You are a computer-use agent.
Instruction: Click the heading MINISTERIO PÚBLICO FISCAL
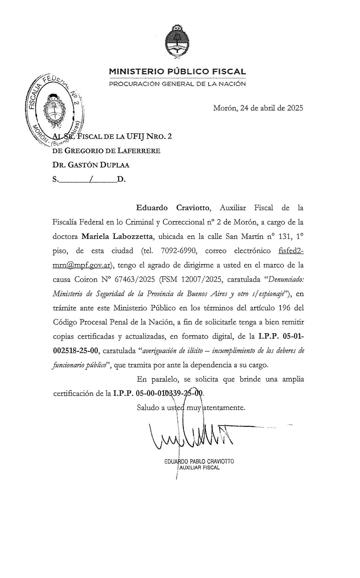coord(177,71)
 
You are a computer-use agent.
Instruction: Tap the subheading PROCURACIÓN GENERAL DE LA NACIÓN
coord(177,84)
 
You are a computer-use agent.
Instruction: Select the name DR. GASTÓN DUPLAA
coord(91,165)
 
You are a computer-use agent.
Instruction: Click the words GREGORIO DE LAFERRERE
coord(112,151)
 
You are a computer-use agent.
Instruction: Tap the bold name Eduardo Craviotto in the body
coord(173,208)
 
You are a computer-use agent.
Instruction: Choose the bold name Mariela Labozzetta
coord(118,237)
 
